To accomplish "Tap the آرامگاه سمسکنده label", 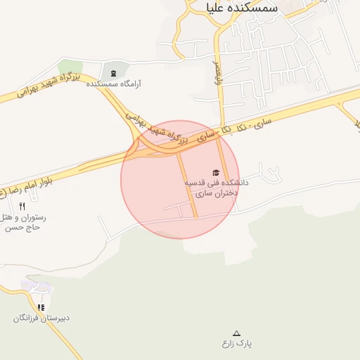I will [114, 83].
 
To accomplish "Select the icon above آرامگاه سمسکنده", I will [114, 72].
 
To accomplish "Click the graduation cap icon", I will [215, 172].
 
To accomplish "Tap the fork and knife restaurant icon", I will [22, 206].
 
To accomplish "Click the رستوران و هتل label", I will [25, 217].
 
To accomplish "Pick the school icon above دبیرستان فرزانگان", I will [41, 307].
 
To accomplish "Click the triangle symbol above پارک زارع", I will [236, 333].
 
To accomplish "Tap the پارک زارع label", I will [236, 343].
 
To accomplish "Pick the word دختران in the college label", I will [224, 192].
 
